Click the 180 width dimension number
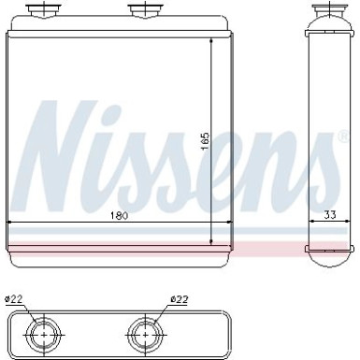point(116,217)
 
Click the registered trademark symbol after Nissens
point(343,139)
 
